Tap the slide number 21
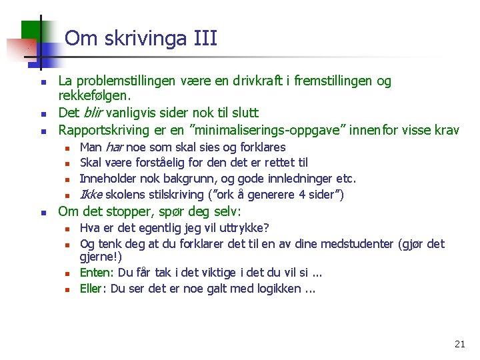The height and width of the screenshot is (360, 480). click(x=459, y=344)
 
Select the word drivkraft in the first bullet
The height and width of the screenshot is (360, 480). click(x=260, y=81)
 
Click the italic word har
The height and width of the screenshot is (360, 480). click(x=115, y=147)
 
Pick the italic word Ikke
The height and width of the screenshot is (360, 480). click(x=91, y=195)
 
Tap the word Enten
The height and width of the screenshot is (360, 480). click(x=94, y=273)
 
